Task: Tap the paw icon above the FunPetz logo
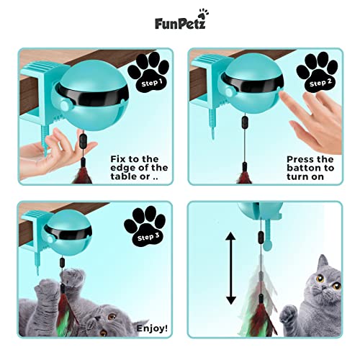point(209,13)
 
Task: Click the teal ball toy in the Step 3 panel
point(69,238)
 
